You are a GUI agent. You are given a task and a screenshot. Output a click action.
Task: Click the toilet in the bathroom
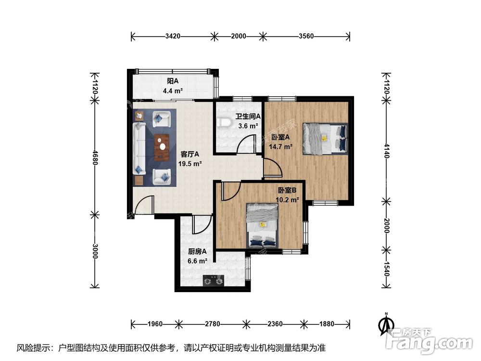pyautogui.click(x=223, y=122)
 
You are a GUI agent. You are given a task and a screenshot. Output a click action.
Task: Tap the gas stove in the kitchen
pyautogui.click(x=214, y=281)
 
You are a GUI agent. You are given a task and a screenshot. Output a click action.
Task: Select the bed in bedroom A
pyautogui.click(x=325, y=138)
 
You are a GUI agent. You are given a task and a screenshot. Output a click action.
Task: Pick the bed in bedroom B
pyautogui.click(x=263, y=225)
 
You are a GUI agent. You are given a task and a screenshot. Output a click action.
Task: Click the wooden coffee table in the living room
pyautogui.click(x=162, y=147)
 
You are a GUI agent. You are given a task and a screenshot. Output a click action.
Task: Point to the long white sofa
pyautogui.click(x=139, y=149)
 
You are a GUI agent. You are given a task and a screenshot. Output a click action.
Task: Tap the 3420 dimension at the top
pyautogui.click(x=173, y=36)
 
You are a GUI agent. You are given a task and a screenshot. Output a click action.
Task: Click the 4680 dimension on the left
pyautogui.click(x=95, y=157)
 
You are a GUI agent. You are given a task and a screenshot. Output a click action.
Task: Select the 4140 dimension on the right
pyautogui.click(x=387, y=151)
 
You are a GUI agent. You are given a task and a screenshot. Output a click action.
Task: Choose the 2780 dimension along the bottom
pyautogui.click(x=212, y=324)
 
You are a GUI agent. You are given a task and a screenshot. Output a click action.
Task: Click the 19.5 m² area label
pyautogui.click(x=190, y=164)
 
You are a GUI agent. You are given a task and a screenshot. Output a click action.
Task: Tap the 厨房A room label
pyautogui.click(x=197, y=252)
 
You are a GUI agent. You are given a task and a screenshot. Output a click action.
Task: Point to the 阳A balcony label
pyautogui.click(x=173, y=81)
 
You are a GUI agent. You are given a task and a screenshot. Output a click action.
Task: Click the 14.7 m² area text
pyautogui.click(x=280, y=147)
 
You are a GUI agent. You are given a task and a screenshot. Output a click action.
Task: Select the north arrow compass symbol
pyautogui.click(x=387, y=324)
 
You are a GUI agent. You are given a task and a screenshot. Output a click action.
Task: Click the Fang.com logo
pyautogui.click(x=430, y=340)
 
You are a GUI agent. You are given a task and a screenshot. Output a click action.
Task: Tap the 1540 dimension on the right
pyautogui.click(x=387, y=269)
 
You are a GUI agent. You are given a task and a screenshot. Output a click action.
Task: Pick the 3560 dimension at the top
pyautogui.click(x=306, y=36)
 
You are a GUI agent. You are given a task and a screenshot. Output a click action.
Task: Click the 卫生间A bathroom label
pyautogui.click(x=248, y=116)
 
